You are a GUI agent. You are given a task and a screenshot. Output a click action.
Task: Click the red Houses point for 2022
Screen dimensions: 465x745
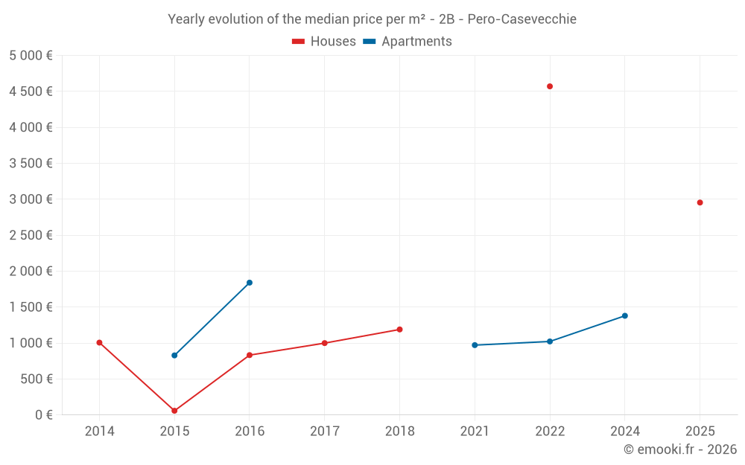point(550,86)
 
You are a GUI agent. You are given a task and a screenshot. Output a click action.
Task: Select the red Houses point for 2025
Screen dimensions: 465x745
point(700,202)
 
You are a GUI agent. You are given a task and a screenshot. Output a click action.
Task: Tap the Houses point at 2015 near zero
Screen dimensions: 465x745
point(174,411)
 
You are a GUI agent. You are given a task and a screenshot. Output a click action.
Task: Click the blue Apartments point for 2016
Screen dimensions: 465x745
point(250,283)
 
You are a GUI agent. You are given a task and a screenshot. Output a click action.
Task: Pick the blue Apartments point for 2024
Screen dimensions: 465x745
point(625,315)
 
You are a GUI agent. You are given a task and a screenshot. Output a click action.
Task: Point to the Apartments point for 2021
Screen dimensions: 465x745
point(475,345)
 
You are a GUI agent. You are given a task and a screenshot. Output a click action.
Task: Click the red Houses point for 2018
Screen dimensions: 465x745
point(399,330)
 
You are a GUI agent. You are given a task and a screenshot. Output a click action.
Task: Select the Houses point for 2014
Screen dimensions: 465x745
point(99,343)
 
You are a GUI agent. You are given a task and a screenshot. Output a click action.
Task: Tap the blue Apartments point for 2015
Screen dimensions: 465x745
point(174,356)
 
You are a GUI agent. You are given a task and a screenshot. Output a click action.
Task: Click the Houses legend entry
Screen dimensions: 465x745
point(324,42)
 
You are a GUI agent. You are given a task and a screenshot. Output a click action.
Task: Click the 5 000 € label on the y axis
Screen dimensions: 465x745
point(31,56)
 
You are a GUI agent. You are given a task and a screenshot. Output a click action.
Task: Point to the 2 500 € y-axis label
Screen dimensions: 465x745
point(31,235)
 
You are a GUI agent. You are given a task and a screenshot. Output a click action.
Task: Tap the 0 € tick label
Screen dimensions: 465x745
point(43,415)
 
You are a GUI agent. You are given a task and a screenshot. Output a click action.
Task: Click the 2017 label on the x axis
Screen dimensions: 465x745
point(324,432)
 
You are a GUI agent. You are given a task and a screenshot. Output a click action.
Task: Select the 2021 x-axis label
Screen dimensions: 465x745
point(475,432)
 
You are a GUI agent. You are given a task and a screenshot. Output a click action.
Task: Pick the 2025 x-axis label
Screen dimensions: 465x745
point(700,432)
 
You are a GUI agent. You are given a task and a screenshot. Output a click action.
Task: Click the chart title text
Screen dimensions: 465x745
point(372,19)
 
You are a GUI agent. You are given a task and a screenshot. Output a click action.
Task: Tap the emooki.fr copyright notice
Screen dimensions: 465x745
point(679,449)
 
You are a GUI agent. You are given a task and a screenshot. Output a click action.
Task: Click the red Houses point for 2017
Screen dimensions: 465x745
point(324,343)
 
